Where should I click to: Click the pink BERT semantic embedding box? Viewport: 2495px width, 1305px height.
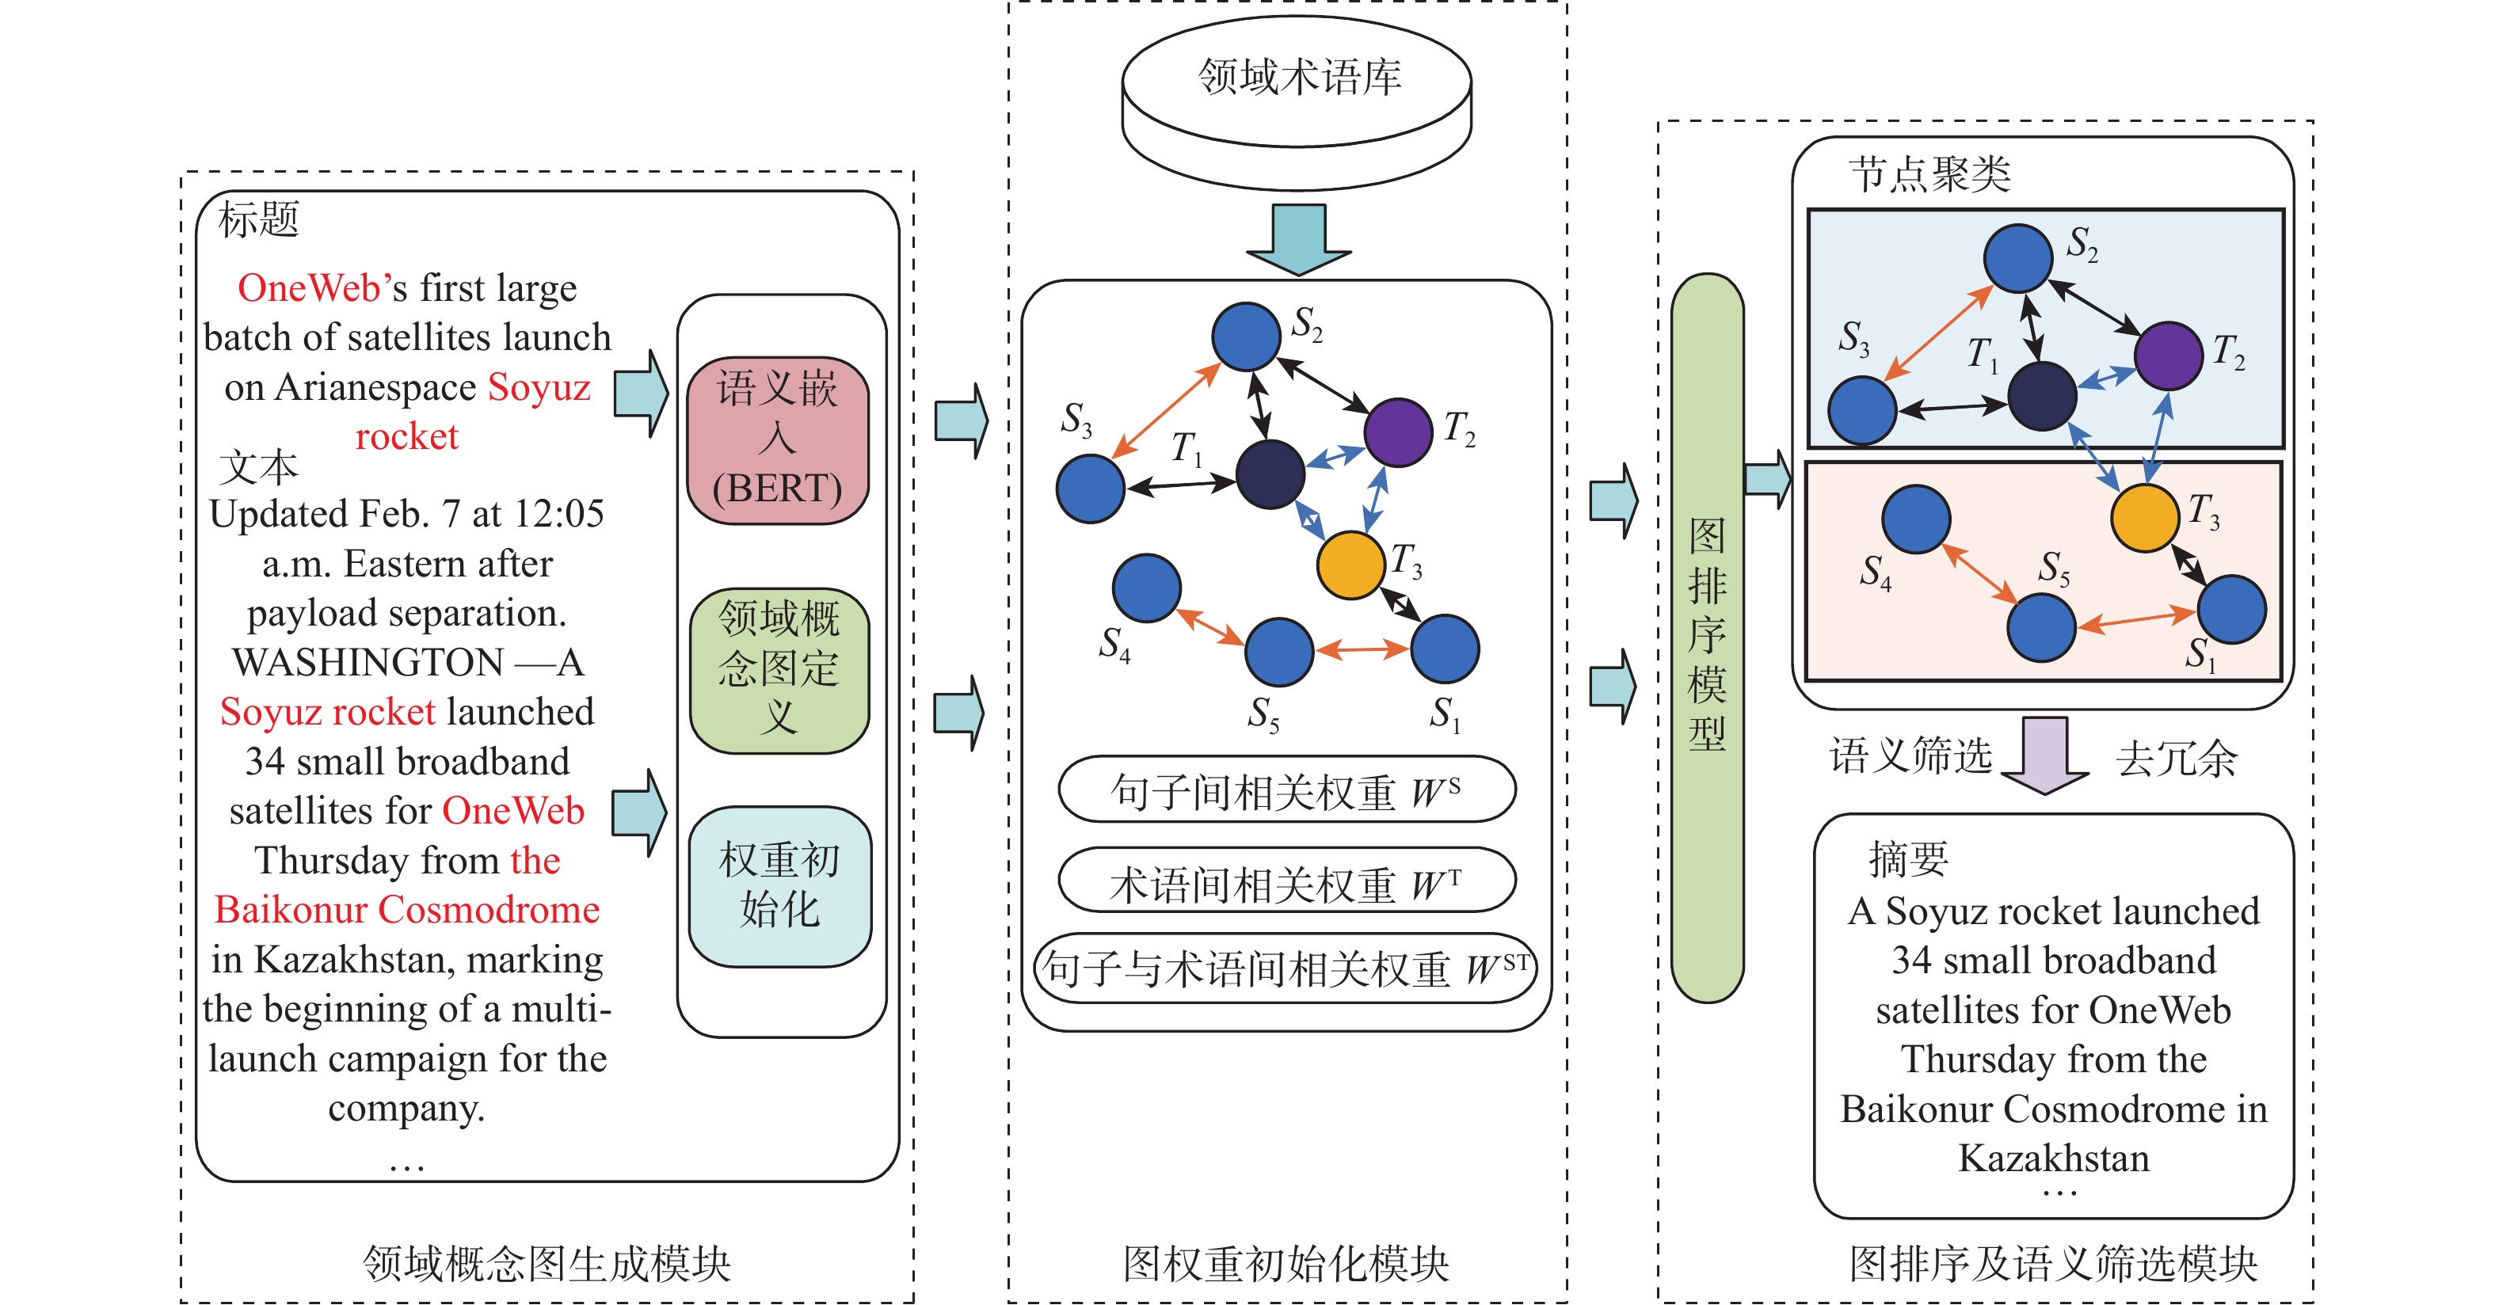[x=778, y=439]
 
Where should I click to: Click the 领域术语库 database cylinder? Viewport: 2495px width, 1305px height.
[x=1297, y=97]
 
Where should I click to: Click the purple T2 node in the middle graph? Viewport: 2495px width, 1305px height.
[x=1398, y=432]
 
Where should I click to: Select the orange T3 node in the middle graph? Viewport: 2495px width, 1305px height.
[x=1351, y=565]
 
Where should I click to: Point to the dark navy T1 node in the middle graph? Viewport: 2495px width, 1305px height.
[x=1270, y=474]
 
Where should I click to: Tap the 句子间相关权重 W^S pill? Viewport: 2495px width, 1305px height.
[x=1286, y=790]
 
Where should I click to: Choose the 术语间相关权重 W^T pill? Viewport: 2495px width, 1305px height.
[x=1286, y=881]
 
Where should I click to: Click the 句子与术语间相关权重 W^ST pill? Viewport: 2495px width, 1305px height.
[x=1286, y=968]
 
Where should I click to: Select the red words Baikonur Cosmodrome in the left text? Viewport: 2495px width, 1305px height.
[x=407, y=910]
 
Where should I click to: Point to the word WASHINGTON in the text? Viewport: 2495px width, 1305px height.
[x=368, y=662]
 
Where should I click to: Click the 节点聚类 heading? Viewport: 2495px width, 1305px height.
[x=1929, y=174]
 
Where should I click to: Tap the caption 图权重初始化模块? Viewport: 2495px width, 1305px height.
[x=1286, y=1263]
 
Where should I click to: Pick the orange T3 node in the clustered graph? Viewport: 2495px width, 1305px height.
[x=2144, y=518]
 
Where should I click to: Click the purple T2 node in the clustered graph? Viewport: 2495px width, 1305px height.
[x=2169, y=356]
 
